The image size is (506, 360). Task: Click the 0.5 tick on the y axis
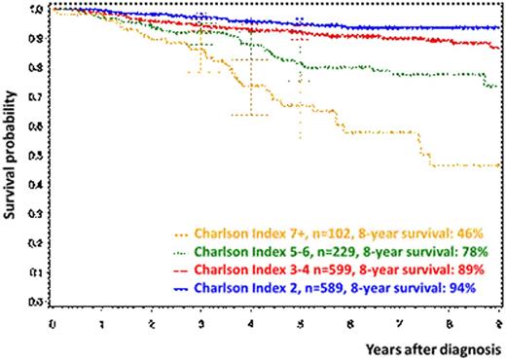[38, 157]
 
